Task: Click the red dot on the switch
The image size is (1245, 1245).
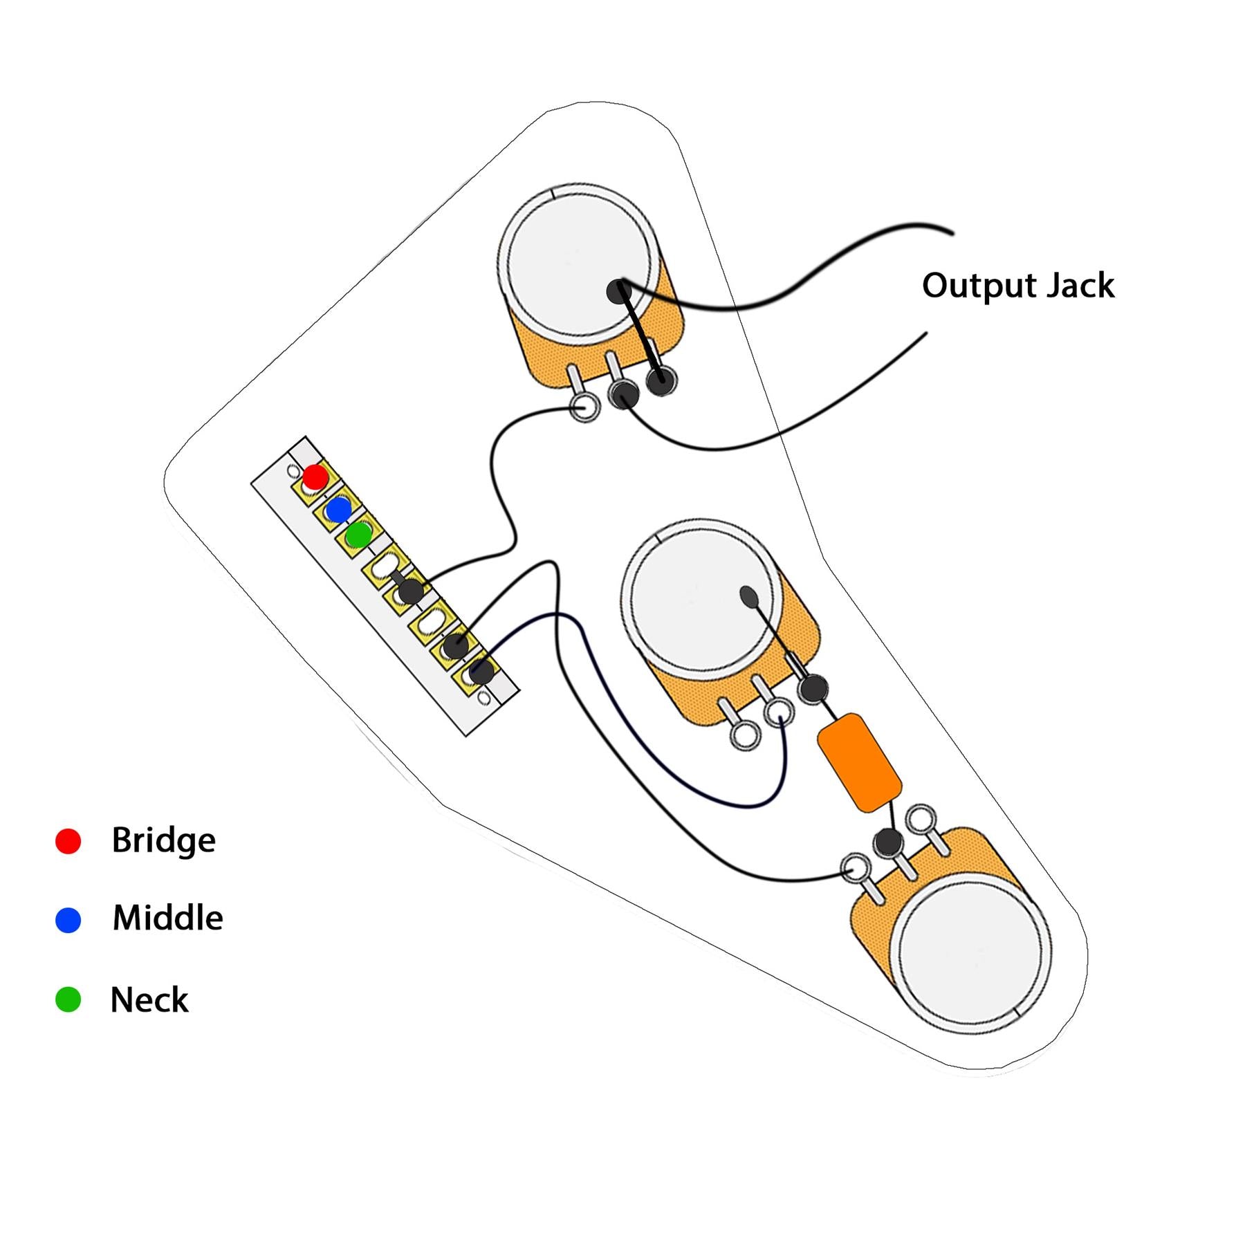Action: (x=315, y=477)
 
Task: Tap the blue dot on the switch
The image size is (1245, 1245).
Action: (x=338, y=510)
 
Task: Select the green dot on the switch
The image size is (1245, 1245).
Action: (x=359, y=534)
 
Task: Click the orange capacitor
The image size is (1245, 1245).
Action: (x=859, y=762)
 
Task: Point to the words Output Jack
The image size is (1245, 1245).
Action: (x=1017, y=285)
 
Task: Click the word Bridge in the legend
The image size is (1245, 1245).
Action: (x=163, y=840)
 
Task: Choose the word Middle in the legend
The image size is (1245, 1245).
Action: (x=167, y=919)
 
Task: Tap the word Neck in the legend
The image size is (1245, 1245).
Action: (x=149, y=999)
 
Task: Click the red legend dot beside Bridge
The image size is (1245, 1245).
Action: (x=68, y=841)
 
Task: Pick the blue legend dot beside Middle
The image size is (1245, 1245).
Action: (x=68, y=920)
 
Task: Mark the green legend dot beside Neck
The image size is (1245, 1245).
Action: (x=68, y=999)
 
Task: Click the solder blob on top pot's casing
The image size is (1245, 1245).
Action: (x=618, y=291)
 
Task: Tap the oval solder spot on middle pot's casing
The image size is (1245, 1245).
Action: (x=749, y=595)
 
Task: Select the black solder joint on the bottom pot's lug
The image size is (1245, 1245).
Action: (x=888, y=842)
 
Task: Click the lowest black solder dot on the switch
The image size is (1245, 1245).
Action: (x=481, y=672)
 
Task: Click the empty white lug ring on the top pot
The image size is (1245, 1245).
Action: (x=585, y=407)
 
